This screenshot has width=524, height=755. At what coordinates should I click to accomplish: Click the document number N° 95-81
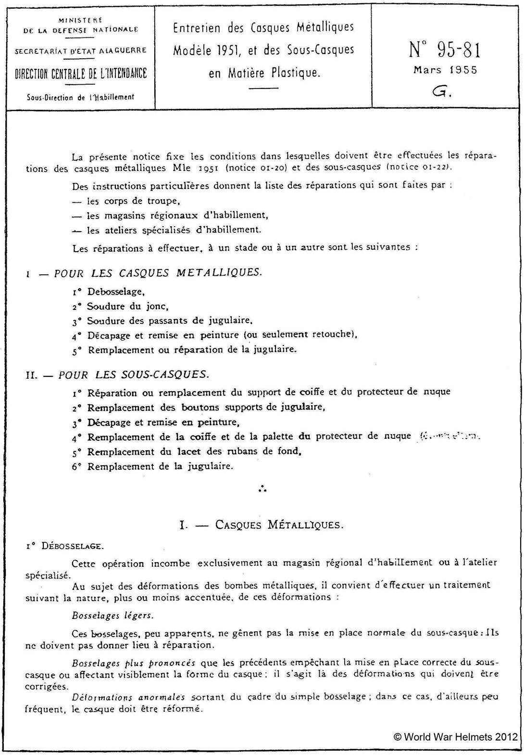444,49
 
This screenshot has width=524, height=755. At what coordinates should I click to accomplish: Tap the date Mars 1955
445,70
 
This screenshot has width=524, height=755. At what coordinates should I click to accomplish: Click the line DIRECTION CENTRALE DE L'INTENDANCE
81,73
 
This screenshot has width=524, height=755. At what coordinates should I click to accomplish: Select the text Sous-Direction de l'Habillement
81,97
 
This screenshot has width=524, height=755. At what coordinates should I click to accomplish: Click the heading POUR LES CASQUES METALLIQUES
158,273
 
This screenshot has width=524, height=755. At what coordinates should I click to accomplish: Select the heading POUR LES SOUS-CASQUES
134,374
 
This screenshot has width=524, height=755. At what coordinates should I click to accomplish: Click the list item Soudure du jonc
127,306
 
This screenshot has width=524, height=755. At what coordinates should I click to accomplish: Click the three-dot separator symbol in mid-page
262,489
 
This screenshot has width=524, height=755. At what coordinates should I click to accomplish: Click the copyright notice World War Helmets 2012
455,737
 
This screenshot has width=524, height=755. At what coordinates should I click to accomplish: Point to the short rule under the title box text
264,89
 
